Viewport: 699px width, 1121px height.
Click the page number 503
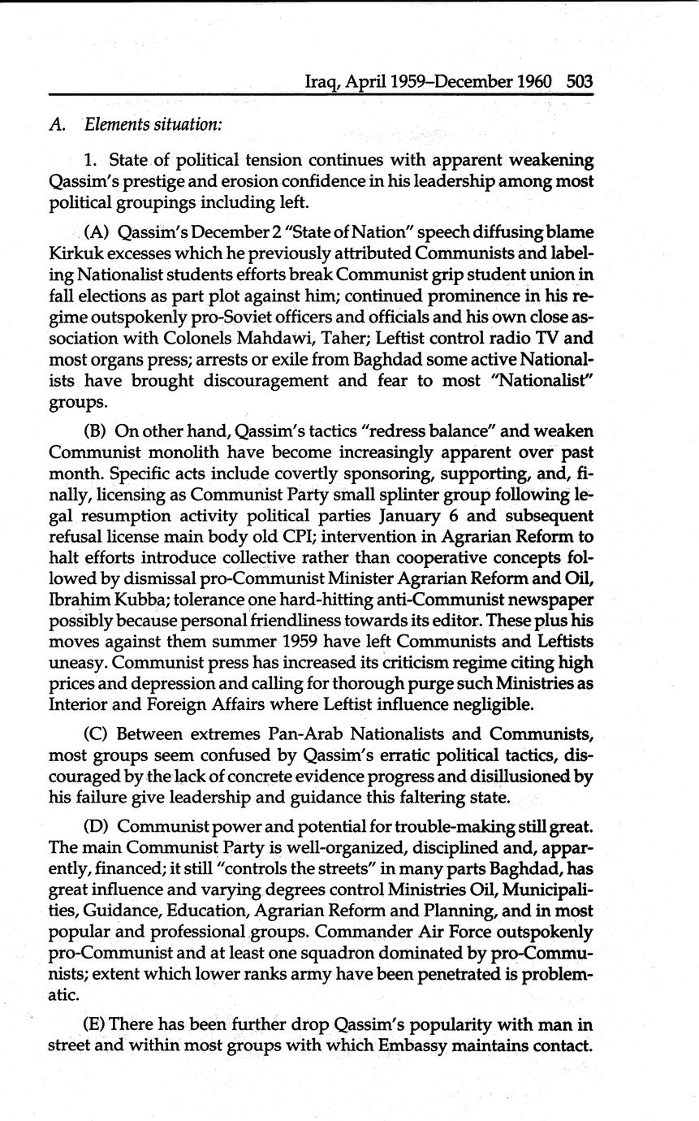[x=580, y=82]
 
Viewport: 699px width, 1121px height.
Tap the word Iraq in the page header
[x=320, y=83]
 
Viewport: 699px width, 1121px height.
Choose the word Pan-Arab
[x=273, y=735]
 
